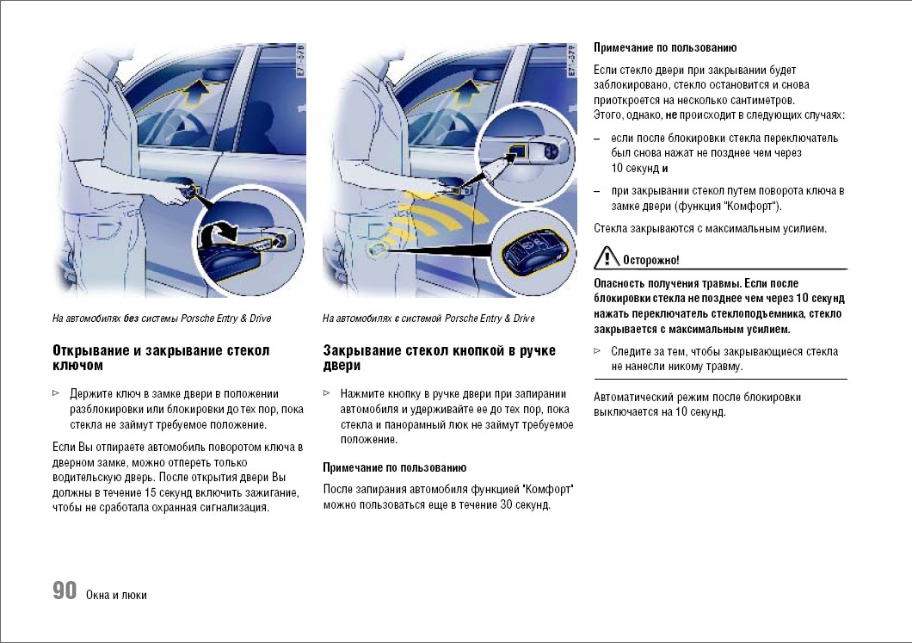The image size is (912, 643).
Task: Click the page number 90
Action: [65, 590]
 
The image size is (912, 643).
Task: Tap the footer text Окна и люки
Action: [116, 595]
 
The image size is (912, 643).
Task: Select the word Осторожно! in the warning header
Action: [651, 259]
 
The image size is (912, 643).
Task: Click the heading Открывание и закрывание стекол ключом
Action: [161, 358]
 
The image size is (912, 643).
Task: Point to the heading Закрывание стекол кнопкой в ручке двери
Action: [439, 358]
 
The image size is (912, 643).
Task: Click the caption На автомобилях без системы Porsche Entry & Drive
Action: [162, 318]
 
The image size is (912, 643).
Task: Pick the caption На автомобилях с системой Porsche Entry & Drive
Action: [428, 318]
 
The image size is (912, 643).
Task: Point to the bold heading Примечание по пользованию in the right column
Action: [665, 48]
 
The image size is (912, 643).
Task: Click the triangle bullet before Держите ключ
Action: [56, 393]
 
